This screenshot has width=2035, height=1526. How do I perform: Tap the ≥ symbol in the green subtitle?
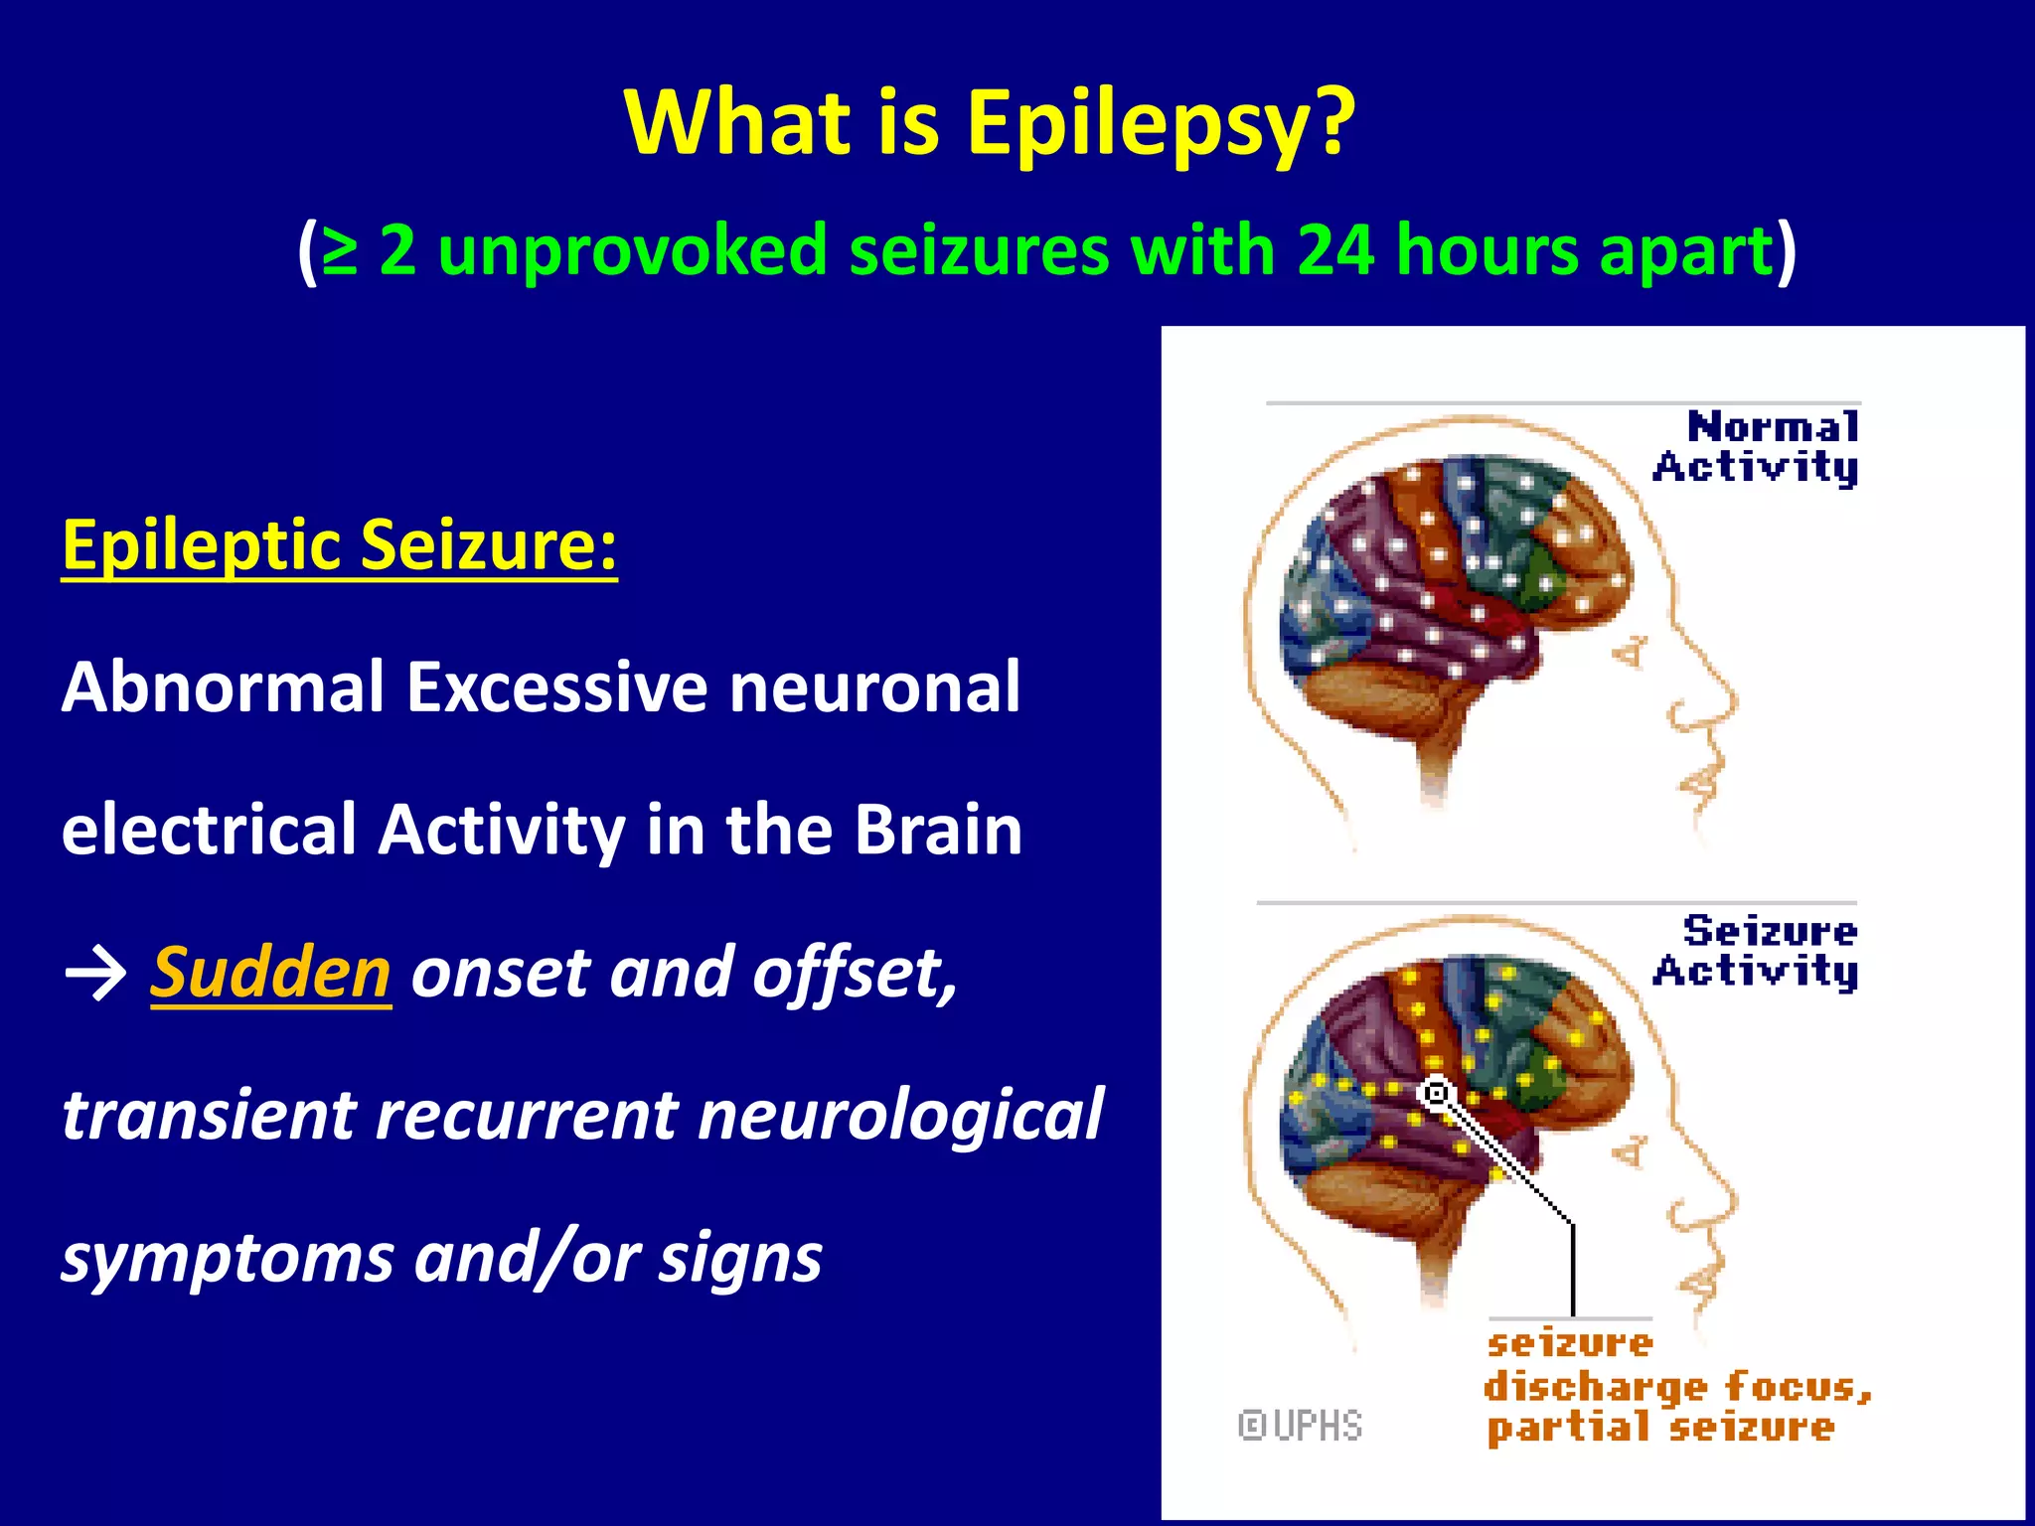point(339,251)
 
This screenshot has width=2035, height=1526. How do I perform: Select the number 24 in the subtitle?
point(1334,249)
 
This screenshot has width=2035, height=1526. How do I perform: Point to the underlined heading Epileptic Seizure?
point(339,545)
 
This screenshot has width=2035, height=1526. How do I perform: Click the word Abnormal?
point(223,687)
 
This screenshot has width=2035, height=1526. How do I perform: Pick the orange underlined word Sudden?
point(270,973)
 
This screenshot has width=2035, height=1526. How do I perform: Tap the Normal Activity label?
point(1757,447)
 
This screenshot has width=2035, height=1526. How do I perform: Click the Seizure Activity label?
point(1757,951)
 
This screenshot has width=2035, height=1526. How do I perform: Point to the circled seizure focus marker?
point(1436,1094)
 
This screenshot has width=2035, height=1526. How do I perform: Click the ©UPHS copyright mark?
point(1300,1426)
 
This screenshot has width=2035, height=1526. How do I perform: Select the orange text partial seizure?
point(1659,1429)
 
